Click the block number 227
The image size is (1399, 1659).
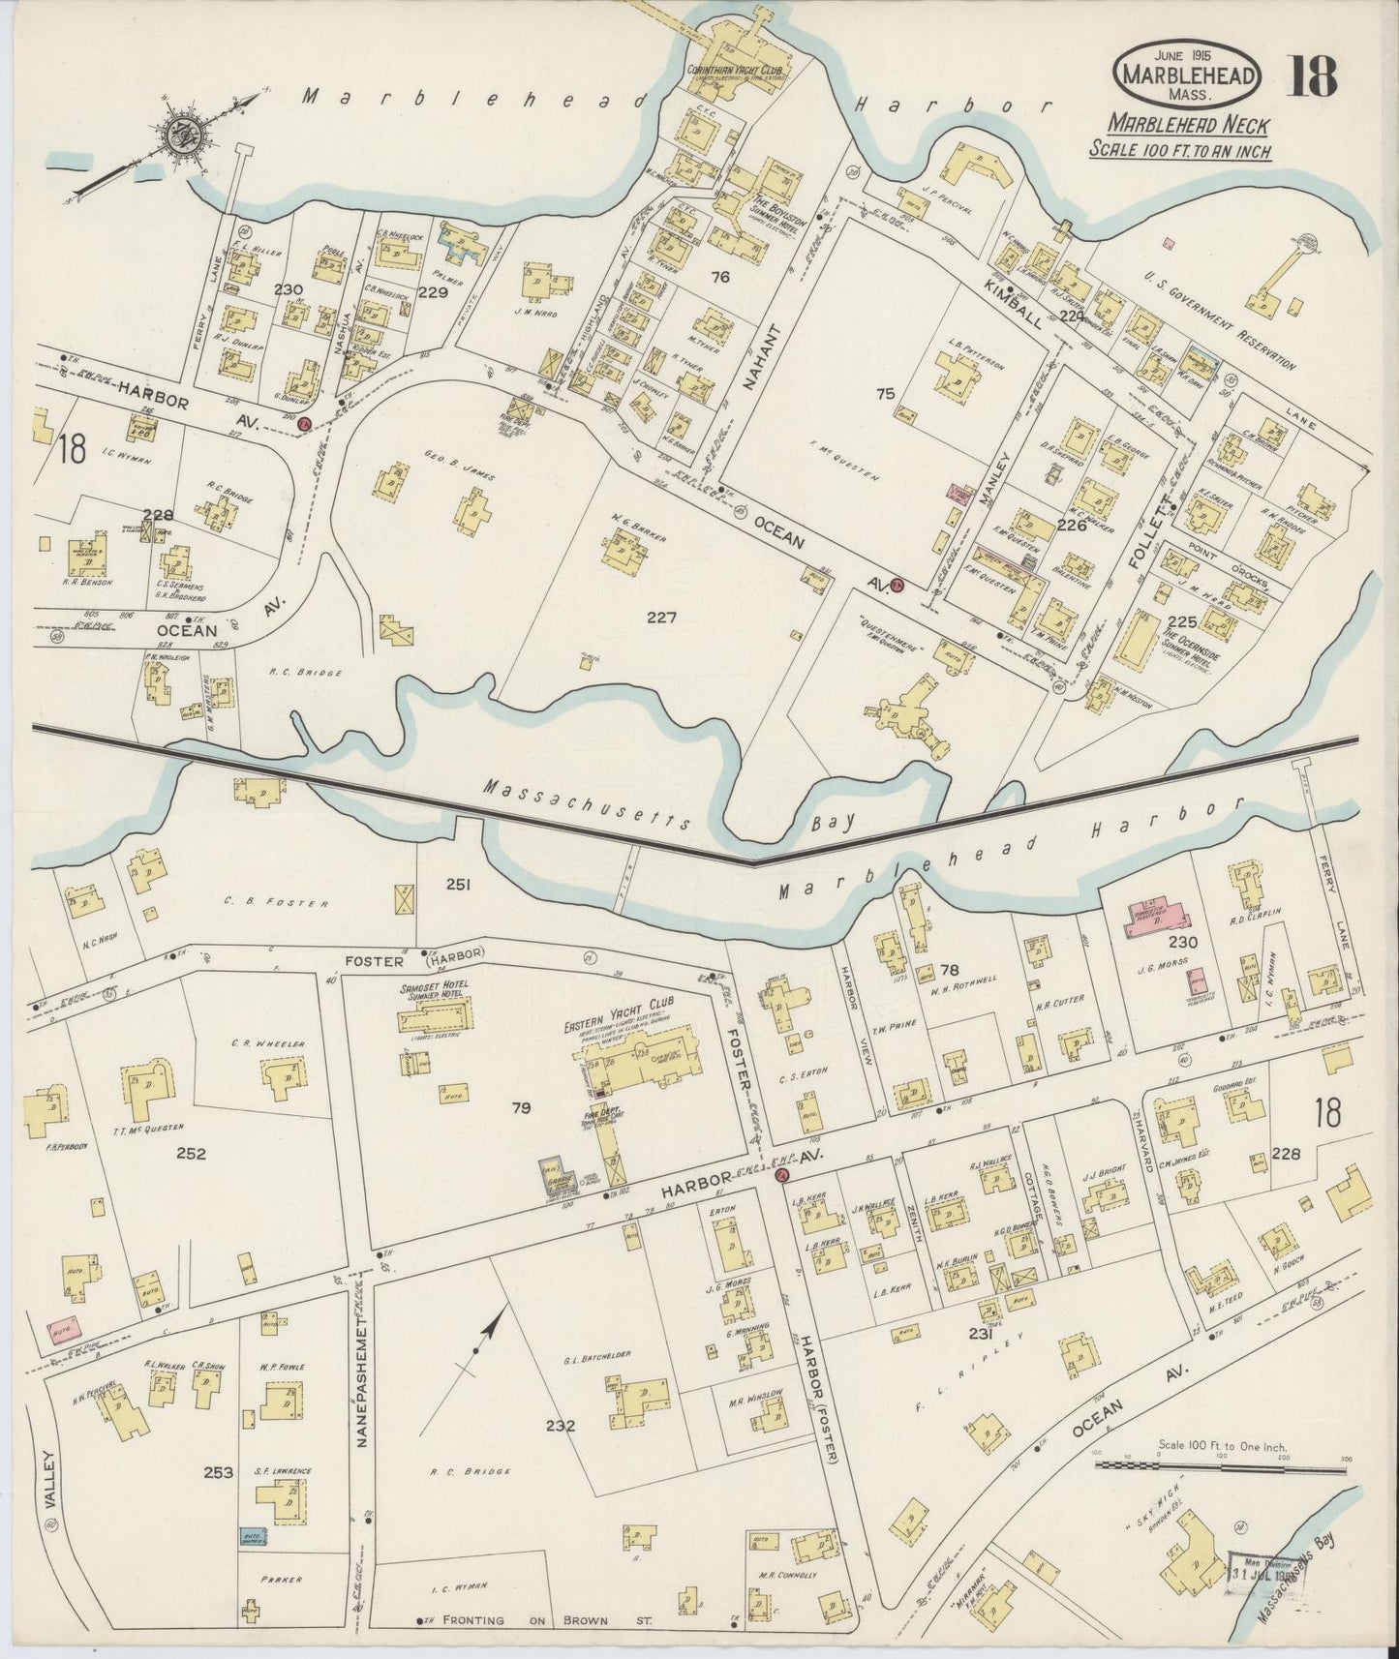tap(662, 617)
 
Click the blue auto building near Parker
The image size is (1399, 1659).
tap(253, 1535)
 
